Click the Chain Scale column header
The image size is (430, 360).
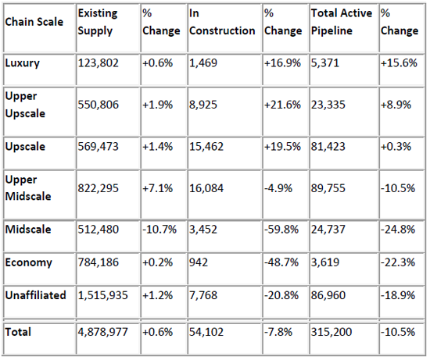[34, 22]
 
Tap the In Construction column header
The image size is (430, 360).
[222, 22]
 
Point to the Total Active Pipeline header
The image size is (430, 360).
[342, 22]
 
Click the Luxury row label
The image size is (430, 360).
[22, 63]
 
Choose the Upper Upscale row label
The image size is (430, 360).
[25, 105]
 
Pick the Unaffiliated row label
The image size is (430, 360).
[35, 295]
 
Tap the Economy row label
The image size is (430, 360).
[28, 262]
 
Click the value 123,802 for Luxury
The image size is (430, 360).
[99, 63]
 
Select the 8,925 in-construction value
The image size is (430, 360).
[203, 105]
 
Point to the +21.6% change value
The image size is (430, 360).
[282, 105]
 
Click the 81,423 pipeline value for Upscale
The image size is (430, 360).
[328, 146]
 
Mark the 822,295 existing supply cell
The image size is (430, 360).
[99, 188]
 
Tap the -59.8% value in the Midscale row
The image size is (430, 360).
[281, 230]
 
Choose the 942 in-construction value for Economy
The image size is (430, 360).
[199, 262]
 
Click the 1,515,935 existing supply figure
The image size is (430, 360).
[103, 295]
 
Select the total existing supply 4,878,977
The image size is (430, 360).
[103, 332]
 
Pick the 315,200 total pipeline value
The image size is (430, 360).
[331, 332]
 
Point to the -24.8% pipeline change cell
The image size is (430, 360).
[398, 230]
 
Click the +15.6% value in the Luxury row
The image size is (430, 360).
[399, 63]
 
